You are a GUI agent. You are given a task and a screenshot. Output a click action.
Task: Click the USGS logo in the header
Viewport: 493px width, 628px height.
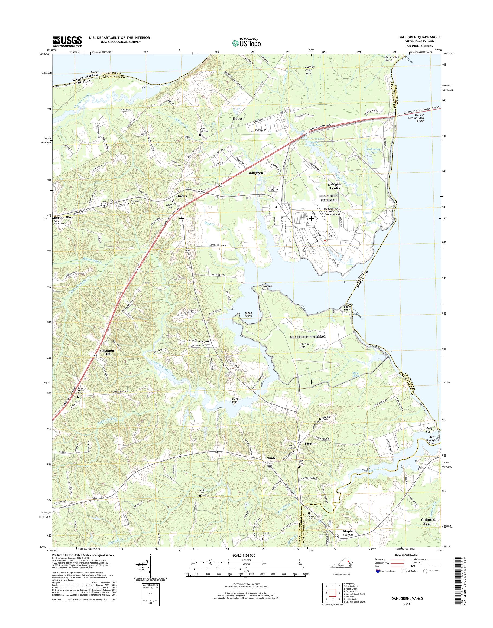[x=67, y=41]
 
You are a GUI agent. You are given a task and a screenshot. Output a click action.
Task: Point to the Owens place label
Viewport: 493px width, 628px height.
[x=181, y=196]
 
